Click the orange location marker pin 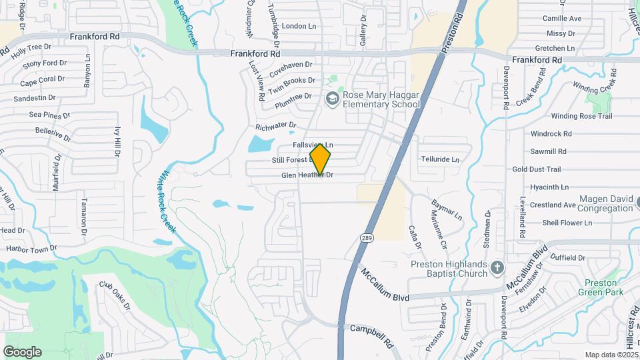(x=320, y=159)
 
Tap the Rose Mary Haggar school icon (x=332, y=99)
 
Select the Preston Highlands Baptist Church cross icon (x=495, y=268)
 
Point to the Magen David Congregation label (x=605, y=203)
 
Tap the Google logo (x=22, y=352)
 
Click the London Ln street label (x=299, y=26)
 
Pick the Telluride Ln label (x=440, y=160)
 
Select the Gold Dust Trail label (x=537, y=169)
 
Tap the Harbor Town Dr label (x=31, y=248)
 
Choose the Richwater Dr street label (x=275, y=125)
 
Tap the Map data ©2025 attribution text (x=611, y=355)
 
